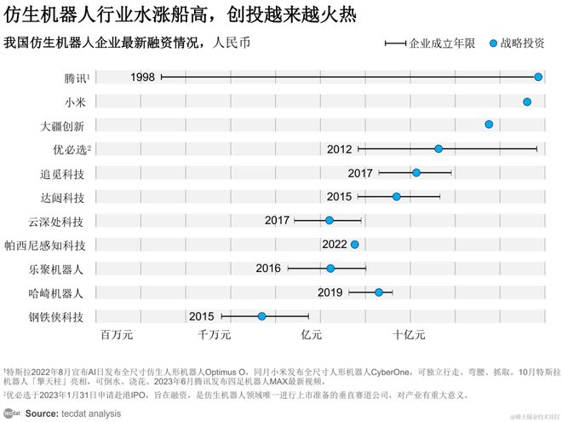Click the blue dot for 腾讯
coord(538,77)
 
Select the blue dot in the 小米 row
coord(527,101)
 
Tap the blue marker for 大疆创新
coord(489,124)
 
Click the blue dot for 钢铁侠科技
coord(262,316)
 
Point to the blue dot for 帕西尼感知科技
coord(354,245)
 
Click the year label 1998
coord(143,78)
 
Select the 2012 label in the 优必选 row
coord(339,149)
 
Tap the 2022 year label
coord(334,245)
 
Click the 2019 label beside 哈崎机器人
coord(330,292)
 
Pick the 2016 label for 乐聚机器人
coord(268,269)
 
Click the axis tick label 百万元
coord(118,335)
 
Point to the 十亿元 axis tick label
coord(409,335)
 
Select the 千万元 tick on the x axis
coord(215,335)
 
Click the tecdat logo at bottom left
coord(11,413)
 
